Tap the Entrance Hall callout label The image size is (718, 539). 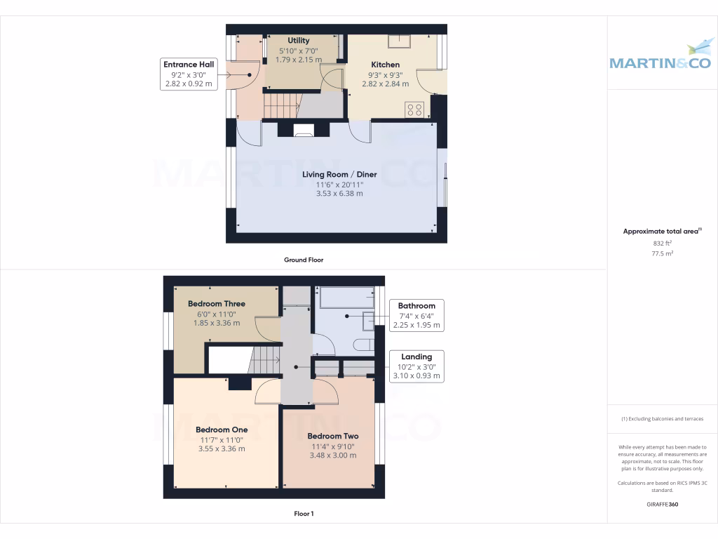tap(188, 74)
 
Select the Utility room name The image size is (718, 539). tap(298, 41)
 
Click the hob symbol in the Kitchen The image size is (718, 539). tap(414, 109)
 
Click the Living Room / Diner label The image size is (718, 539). tap(339, 174)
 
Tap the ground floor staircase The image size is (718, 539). tap(282, 106)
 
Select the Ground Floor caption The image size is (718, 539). tap(304, 260)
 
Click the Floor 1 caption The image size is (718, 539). tap(304, 514)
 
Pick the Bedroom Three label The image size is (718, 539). tap(217, 304)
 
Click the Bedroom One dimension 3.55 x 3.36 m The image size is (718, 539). tap(222, 449)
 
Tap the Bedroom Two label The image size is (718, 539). tap(333, 436)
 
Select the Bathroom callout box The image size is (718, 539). tap(416, 315)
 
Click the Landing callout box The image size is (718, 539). tap(416, 366)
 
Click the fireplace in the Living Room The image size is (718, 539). tap(304, 130)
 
